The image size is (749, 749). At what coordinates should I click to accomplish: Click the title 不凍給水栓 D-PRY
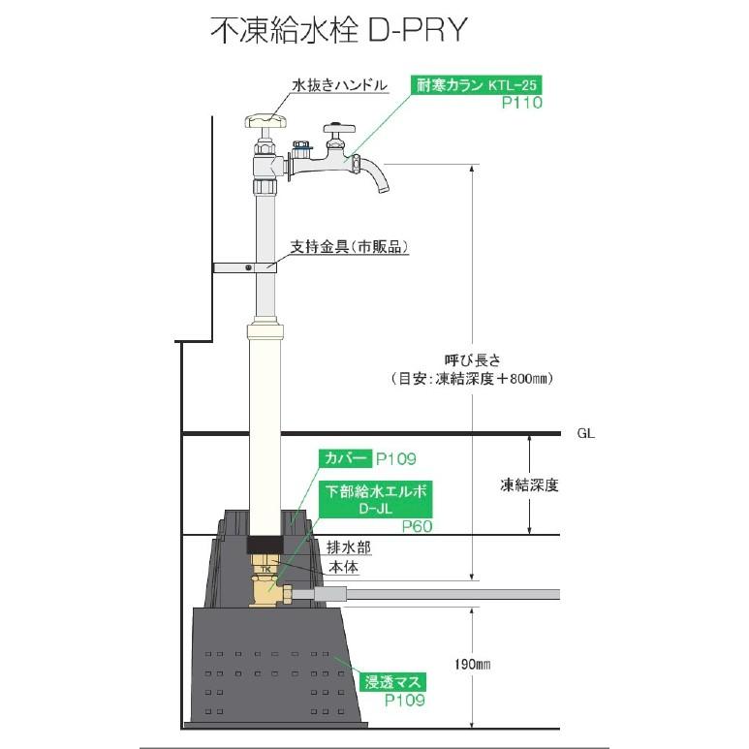point(339,29)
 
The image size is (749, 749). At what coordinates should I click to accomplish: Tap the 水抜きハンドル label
point(339,85)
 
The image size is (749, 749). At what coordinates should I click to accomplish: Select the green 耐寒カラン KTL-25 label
point(474,84)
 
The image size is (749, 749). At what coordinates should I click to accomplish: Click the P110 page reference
point(521,102)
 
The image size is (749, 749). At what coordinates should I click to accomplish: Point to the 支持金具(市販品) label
point(350,246)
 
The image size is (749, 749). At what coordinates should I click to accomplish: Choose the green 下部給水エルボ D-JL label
point(376,500)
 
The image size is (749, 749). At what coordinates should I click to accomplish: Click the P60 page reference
point(415,526)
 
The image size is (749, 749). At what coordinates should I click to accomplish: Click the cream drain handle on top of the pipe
point(267,121)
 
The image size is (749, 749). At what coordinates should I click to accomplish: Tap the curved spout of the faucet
point(375,180)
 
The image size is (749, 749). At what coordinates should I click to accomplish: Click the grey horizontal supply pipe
point(436,594)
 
